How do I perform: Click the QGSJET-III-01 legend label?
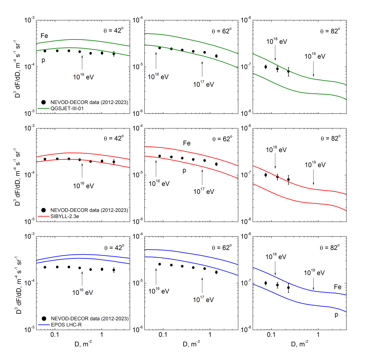click(x=67, y=109)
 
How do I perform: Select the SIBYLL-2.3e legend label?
click(x=65, y=216)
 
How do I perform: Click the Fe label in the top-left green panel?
click(x=44, y=36)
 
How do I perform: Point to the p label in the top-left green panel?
click(x=43, y=60)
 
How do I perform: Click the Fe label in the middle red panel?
click(x=187, y=143)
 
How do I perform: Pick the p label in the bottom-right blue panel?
click(x=336, y=315)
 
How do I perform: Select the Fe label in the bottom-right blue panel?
click(x=337, y=287)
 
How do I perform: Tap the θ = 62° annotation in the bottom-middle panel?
click(x=222, y=248)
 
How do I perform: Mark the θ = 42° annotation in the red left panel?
click(x=114, y=138)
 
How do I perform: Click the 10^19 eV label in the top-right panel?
click(x=315, y=56)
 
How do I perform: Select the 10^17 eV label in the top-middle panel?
click(x=203, y=84)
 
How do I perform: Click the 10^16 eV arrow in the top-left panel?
click(x=82, y=63)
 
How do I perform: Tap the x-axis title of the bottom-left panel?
click(x=83, y=344)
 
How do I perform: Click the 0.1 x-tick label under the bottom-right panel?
click(x=271, y=335)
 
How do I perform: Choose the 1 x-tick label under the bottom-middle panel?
click(x=210, y=335)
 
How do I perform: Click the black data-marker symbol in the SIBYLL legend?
click(x=44, y=210)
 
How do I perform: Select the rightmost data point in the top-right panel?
click(x=288, y=71)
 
